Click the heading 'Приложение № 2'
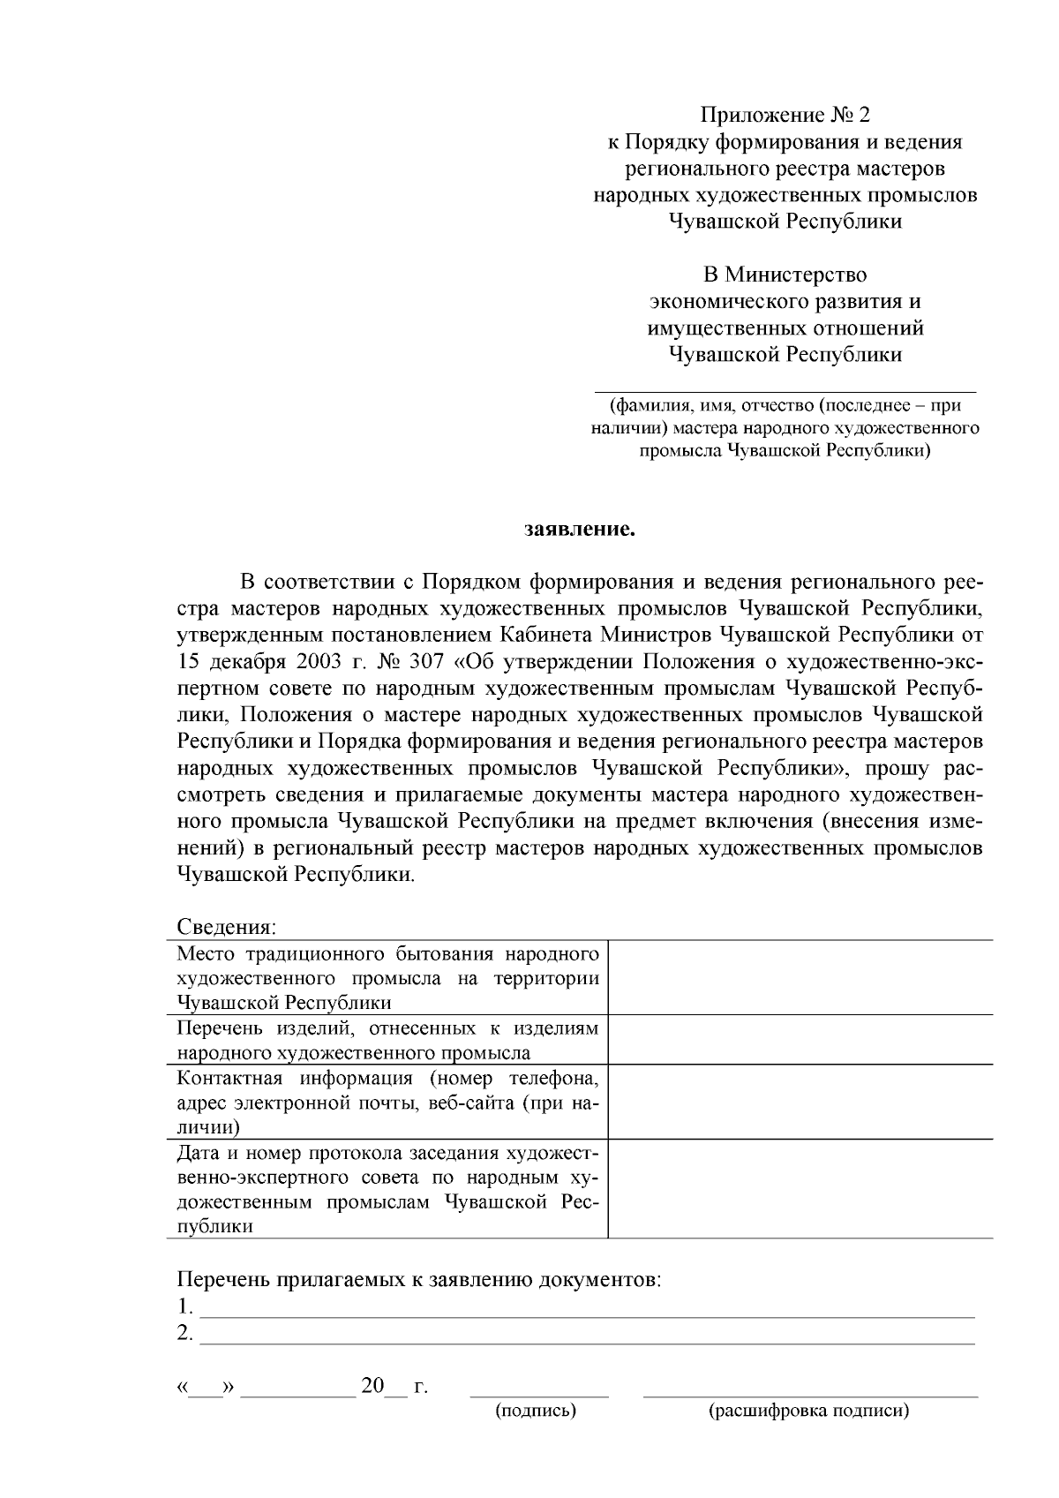tap(785, 115)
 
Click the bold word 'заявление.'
tap(580, 531)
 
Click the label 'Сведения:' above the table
tap(226, 927)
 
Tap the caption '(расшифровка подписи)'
tap(808, 1411)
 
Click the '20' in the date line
tap(372, 1386)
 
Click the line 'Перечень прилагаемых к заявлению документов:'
tap(419, 1280)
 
